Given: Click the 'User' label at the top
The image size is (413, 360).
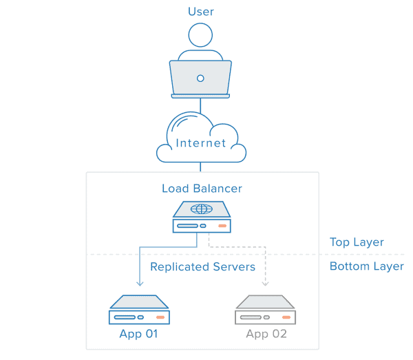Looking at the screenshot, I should [201, 12].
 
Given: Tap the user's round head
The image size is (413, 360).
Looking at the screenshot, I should [201, 35].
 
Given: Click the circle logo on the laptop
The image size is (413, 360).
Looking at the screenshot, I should [201, 78].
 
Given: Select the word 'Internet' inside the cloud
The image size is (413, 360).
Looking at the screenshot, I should [201, 143].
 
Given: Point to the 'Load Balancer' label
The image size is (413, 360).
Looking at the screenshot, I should [202, 188].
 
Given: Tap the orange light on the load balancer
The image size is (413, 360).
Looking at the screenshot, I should [222, 226].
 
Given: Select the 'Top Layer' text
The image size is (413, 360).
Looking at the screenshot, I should [357, 242].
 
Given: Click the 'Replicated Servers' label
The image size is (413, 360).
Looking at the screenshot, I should [202, 266].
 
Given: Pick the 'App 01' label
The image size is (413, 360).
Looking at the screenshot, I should [140, 335].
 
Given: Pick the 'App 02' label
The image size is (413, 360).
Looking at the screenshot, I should [266, 335].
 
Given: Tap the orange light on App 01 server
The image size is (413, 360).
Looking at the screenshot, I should [160, 317].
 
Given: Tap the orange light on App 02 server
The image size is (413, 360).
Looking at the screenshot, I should [286, 317].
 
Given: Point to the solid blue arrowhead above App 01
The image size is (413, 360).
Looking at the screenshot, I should [140, 282].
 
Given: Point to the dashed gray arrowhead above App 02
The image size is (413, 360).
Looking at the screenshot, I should [266, 282].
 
